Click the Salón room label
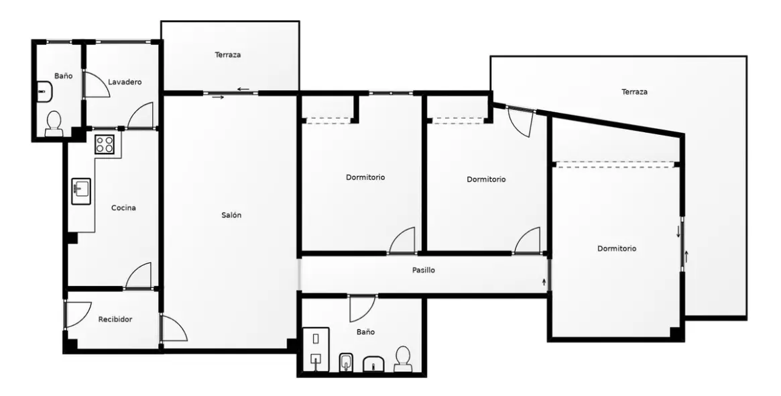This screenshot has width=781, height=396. (231, 215)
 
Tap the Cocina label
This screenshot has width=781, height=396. (123, 207)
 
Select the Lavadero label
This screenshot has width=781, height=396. (125, 82)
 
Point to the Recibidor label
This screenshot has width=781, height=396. (115, 319)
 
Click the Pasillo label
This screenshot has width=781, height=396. (424, 270)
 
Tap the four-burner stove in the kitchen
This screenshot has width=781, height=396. (105, 144)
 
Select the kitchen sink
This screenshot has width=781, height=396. (80, 191)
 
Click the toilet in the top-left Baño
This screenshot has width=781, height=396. (53, 123)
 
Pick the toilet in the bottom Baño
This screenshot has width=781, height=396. (402, 359)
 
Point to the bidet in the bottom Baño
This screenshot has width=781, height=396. (346, 362)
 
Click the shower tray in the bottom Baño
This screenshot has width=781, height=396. (316, 350)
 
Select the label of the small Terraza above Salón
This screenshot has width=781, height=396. (228, 55)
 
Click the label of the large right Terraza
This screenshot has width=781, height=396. (635, 92)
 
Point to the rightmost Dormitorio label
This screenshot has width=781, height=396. (617, 248)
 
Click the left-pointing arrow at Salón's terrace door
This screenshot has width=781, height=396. (243, 90)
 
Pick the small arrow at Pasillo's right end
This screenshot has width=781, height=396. (544, 283)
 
